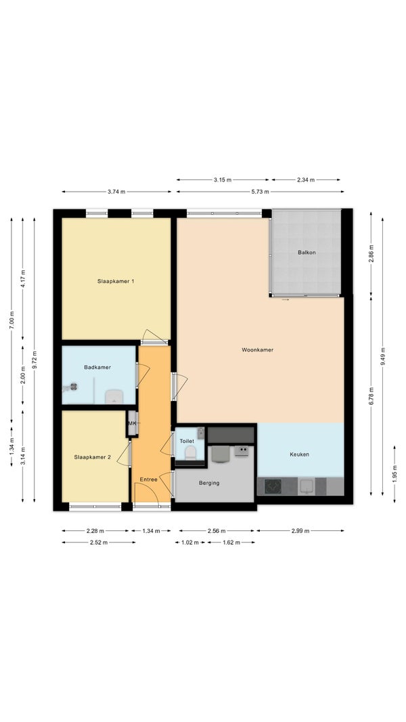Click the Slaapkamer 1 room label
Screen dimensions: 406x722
point(116,281)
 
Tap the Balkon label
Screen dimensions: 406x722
point(307,253)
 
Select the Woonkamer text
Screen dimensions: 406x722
point(258,350)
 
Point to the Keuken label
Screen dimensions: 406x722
point(299,454)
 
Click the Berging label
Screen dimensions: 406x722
point(209,483)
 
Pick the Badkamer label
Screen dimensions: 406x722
point(97,368)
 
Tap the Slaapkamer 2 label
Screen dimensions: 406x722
point(93,457)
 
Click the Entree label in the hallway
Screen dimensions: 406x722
point(148,480)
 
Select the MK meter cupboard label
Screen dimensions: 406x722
point(133,423)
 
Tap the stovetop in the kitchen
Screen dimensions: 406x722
point(273,486)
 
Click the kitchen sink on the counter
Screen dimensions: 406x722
point(307,486)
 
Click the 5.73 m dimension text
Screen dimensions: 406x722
point(261,192)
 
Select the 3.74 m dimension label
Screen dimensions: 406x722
point(116,192)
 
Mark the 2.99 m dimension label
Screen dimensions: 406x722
point(300,531)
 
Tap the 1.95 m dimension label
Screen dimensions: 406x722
point(394,474)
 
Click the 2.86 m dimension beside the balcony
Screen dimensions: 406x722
point(371,254)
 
